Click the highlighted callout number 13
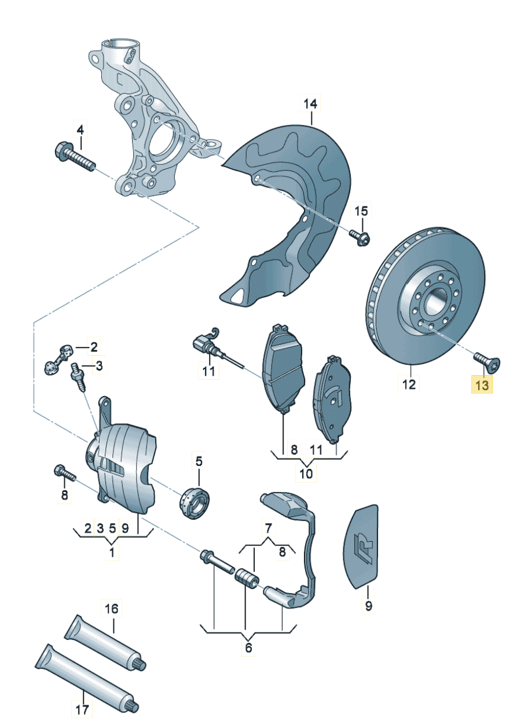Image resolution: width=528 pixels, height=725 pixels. (x=482, y=384)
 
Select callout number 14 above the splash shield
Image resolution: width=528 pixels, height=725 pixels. (x=311, y=105)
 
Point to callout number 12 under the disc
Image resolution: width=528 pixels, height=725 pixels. (x=409, y=384)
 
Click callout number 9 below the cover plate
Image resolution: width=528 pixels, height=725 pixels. (x=368, y=606)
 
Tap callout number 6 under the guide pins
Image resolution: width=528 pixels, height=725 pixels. (x=248, y=648)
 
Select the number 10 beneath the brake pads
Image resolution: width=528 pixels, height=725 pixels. (x=306, y=474)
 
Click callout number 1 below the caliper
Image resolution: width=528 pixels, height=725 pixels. (x=112, y=552)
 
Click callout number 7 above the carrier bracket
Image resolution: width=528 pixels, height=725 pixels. (x=267, y=527)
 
